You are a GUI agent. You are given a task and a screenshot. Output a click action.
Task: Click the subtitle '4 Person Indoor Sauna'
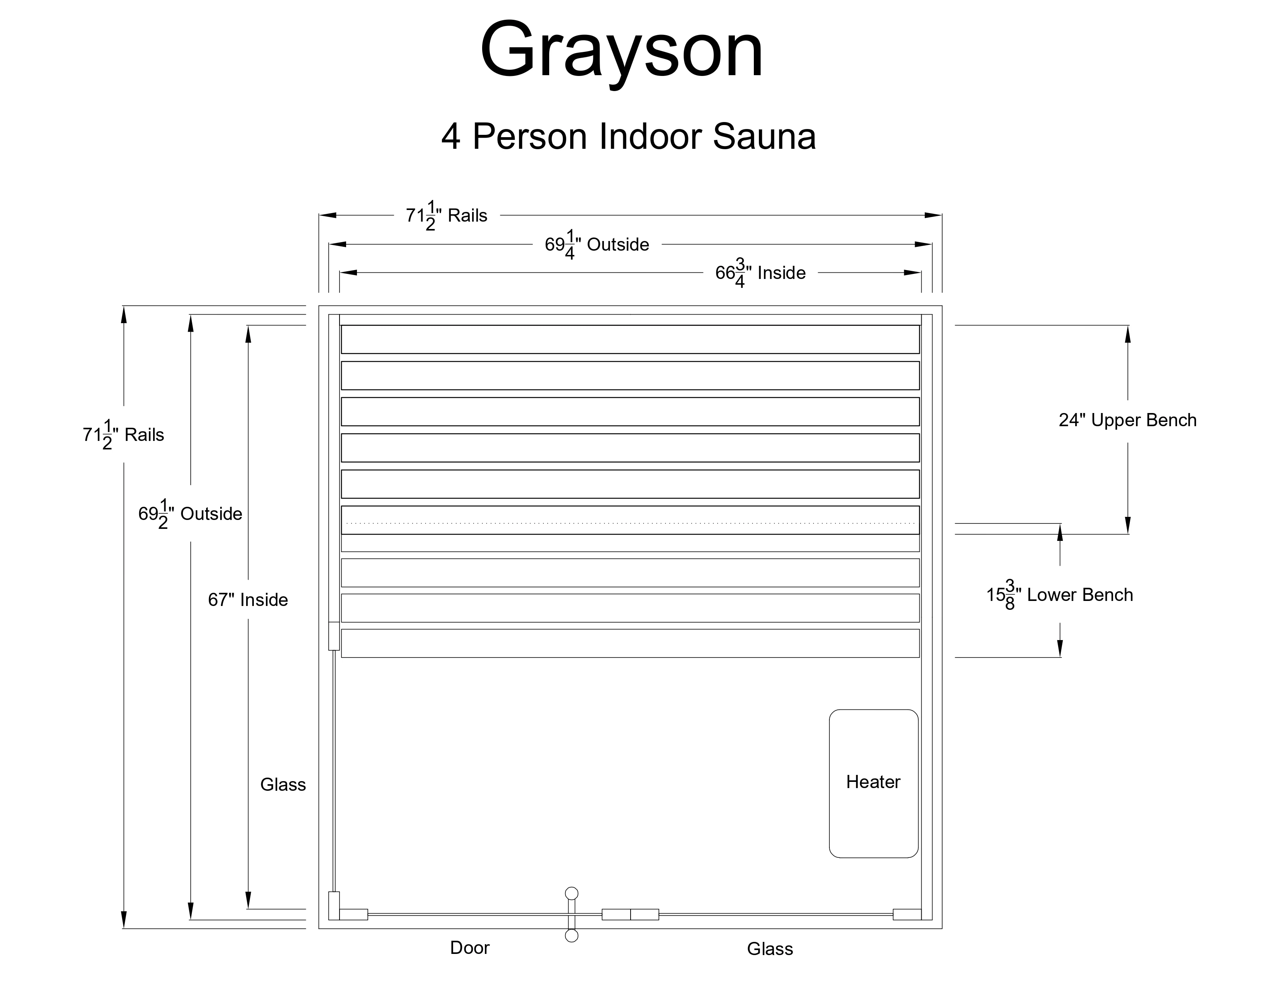tap(628, 136)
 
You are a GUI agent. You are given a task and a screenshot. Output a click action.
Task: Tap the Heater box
tap(873, 783)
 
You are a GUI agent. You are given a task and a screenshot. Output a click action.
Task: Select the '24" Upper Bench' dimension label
tap(1127, 420)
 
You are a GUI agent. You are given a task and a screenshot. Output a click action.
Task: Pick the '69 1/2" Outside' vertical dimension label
tap(190, 514)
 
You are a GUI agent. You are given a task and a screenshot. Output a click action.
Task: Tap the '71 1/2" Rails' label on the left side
tap(124, 435)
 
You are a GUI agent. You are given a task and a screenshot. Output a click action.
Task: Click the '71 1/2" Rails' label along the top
tap(447, 215)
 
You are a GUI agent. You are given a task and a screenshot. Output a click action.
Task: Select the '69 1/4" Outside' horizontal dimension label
tap(597, 244)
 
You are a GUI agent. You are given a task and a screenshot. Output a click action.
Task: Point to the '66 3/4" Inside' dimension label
tap(760, 273)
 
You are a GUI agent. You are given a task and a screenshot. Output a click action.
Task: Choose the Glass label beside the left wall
tap(283, 784)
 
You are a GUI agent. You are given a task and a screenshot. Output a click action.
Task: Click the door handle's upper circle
tap(572, 893)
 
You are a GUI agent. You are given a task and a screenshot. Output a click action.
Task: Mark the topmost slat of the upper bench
tap(630, 339)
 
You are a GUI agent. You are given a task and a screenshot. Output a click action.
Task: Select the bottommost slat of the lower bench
tap(630, 643)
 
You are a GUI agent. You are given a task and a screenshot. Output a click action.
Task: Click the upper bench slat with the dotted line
tap(630, 520)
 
